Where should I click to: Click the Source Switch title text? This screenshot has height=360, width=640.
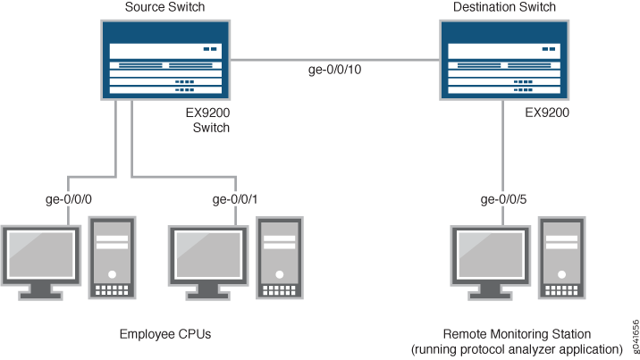165,7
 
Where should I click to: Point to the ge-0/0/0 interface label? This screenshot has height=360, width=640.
68,199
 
